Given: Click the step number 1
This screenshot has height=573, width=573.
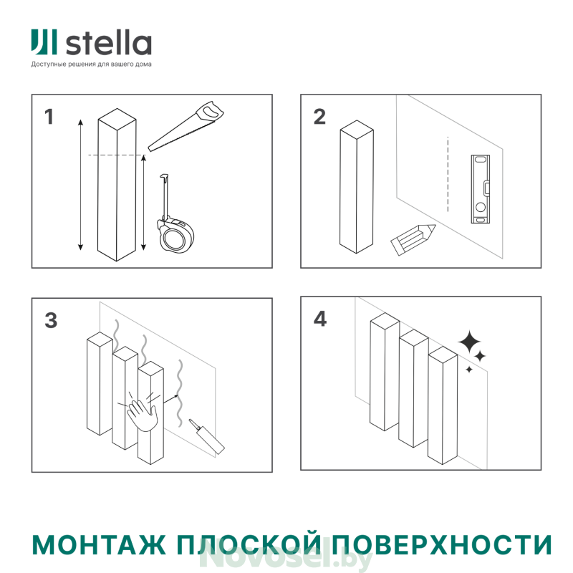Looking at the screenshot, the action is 49,117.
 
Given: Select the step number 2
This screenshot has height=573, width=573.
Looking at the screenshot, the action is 319,117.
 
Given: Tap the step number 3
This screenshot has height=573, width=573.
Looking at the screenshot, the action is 51,320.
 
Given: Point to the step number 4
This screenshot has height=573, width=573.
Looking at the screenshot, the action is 320,319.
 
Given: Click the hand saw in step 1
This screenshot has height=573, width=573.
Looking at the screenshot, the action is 186,127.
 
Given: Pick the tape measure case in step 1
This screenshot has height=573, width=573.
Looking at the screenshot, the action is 175,236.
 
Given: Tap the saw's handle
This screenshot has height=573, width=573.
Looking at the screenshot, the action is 209,112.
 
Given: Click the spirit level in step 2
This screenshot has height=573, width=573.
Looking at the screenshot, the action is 480,189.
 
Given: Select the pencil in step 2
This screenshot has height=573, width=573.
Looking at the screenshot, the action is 413,239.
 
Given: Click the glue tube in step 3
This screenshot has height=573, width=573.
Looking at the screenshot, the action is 206,436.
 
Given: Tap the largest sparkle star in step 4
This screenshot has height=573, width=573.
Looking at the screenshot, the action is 470,342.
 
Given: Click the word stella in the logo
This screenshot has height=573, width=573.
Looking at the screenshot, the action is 109,44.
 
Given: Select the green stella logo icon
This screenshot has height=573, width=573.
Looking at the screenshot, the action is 44,42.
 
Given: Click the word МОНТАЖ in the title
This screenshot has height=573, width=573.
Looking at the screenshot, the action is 98,545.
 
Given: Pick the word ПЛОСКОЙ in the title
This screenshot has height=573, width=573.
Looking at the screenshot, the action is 249,544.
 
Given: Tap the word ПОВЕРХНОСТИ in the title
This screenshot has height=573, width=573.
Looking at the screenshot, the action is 442,545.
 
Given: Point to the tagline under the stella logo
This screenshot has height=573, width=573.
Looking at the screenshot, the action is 91,64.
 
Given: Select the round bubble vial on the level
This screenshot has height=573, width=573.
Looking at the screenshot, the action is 480,207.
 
